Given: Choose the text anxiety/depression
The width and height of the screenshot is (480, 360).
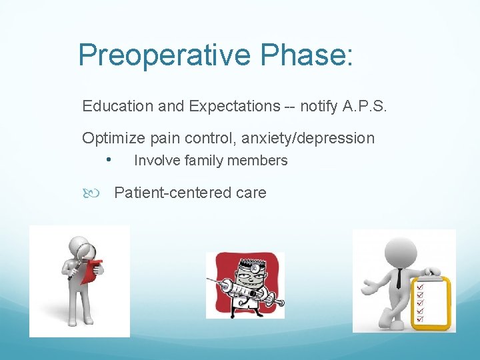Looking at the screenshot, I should coord(308,138).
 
